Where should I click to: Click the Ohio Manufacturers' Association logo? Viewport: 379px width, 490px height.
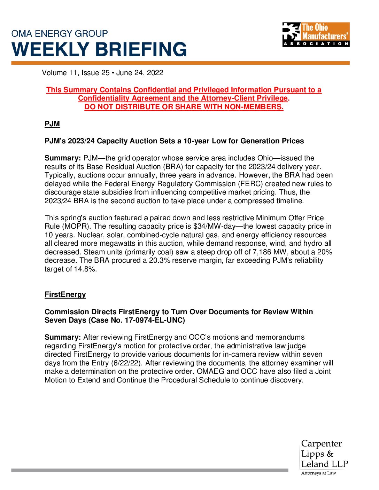coord(316,34)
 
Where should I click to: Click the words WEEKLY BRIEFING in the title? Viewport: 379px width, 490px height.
coord(99,49)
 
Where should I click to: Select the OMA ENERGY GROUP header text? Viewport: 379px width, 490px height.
coord(60,34)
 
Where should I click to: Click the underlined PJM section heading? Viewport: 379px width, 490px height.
coord(52,124)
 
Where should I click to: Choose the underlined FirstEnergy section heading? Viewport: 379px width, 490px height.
coord(65,294)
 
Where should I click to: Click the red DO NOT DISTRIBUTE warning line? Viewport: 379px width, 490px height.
coord(184,107)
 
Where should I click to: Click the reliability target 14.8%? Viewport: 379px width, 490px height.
coord(85,269)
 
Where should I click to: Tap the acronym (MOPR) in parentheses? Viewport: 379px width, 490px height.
coord(75,226)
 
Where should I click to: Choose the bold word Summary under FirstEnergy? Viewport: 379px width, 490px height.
coord(62,337)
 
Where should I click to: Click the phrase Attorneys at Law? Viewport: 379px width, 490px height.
coord(318,473)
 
